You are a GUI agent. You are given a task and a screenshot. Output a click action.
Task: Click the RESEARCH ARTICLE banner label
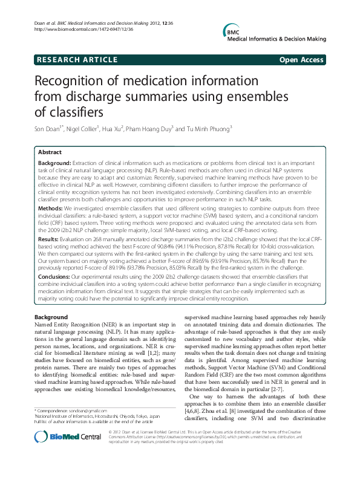coord(77,60)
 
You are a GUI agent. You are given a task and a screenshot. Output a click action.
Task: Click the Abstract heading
coord(50,152)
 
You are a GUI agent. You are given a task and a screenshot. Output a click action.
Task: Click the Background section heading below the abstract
coord(51,317)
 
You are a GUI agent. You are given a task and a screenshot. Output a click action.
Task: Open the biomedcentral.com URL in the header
coord(78,29)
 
